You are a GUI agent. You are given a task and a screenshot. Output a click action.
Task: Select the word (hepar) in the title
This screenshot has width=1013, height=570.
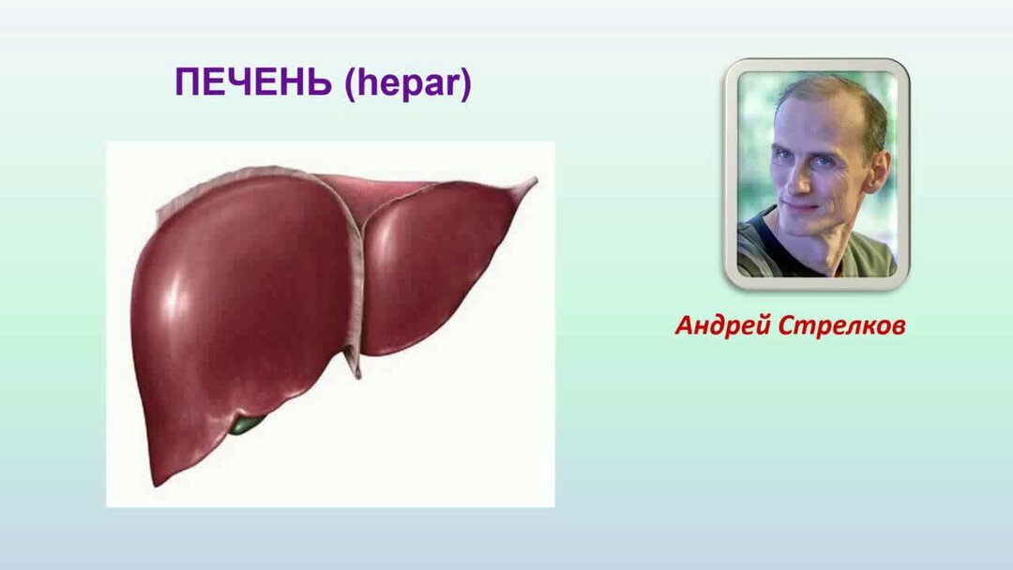coord(408,83)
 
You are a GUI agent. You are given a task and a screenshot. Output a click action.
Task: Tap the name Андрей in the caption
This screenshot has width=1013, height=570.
coord(723,326)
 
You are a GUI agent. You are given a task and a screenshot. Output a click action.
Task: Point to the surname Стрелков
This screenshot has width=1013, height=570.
coord(841,325)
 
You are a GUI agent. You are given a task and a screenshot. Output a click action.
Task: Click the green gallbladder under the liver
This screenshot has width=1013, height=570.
coord(247,424)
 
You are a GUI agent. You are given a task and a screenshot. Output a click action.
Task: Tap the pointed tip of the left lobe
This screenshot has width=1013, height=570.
coord(534,181)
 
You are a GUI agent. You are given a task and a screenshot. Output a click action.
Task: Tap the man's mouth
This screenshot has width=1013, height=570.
coord(802,208)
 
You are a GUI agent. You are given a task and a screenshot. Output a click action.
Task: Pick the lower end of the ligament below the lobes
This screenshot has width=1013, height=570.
coord(356,373)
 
